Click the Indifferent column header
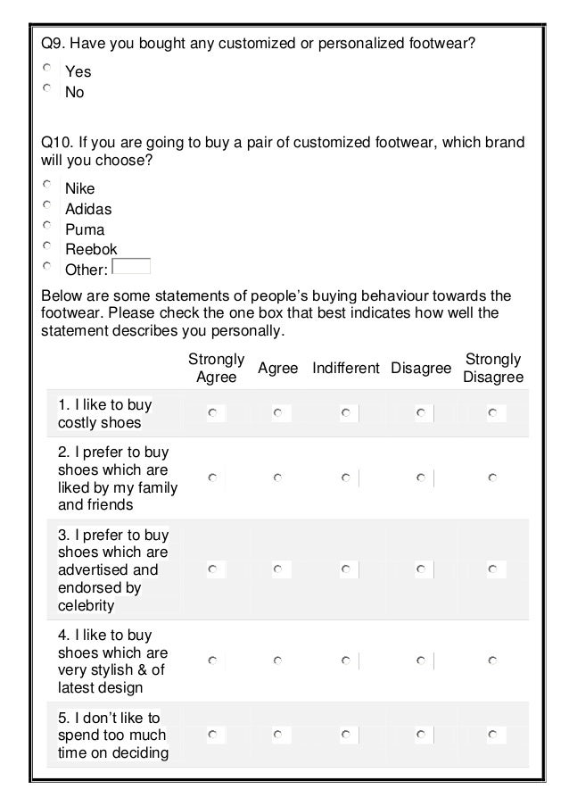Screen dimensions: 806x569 click(x=346, y=369)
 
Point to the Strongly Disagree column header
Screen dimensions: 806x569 click(x=493, y=369)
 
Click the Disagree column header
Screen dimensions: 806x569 click(x=421, y=369)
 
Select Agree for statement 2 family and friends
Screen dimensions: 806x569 click(x=278, y=478)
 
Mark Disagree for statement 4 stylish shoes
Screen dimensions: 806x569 click(x=419, y=661)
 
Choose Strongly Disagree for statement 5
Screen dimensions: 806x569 click(x=491, y=735)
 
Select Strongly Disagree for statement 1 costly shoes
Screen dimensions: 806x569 click(x=491, y=413)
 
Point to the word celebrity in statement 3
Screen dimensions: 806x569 click(x=87, y=606)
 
